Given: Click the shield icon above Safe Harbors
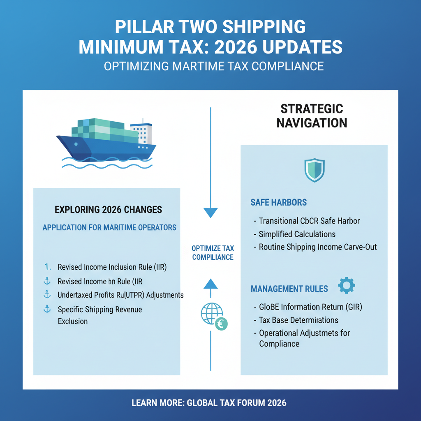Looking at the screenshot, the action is (315, 170).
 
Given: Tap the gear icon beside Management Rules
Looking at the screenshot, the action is (346, 285).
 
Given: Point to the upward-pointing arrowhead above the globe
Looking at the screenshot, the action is (210, 284).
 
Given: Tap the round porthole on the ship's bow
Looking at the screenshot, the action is (76, 144).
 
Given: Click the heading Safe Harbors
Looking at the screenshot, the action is (278, 202).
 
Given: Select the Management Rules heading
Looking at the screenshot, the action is (289, 289).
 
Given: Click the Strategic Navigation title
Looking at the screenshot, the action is (312, 116).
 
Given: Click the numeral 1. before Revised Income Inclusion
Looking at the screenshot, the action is (48, 267).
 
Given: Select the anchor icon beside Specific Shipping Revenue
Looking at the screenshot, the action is (47, 309).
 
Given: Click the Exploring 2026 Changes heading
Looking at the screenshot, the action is (108, 210).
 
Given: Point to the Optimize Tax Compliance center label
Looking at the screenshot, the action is (213, 253).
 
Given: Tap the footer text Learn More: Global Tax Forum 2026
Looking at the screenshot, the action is (209, 403).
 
